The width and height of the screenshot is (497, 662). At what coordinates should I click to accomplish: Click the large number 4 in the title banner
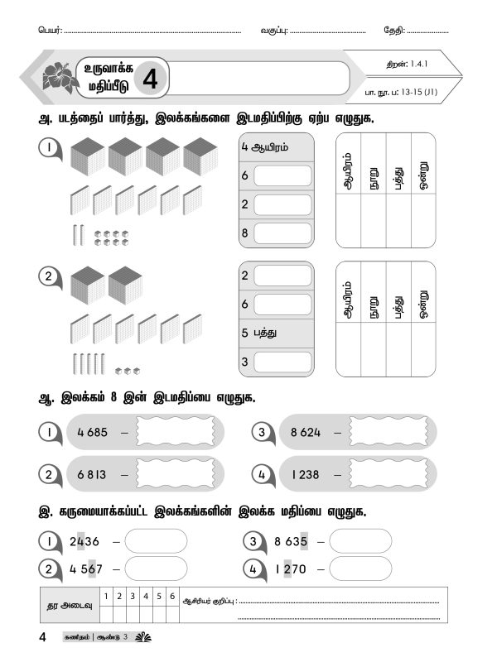click(150, 79)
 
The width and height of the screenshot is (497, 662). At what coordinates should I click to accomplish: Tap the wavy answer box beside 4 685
click(175, 432)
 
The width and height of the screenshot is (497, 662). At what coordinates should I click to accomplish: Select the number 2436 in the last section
click(85, 542)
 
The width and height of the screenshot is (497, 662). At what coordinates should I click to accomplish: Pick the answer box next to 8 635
click(360, 542)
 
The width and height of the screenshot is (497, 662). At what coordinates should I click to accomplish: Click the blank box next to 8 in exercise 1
click(282, 234)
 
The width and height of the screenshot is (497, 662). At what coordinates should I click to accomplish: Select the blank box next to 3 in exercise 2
click(282, 362)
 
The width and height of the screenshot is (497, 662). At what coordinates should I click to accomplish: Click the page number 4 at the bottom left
click(41, 637)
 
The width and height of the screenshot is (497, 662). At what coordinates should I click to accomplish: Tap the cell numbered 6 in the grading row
click(171, 595)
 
